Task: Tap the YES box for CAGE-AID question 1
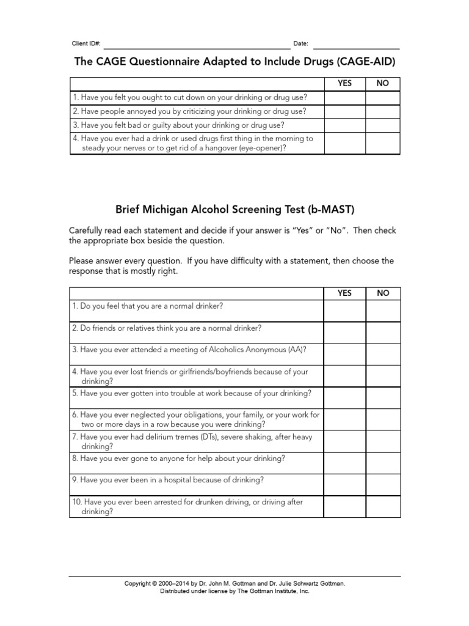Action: coord(344,98)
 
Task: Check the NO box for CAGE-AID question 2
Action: coord(383,112)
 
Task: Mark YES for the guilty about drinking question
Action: coord(344,125)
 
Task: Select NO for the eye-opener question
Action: coord(383,143)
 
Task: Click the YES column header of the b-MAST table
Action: coord(344,293)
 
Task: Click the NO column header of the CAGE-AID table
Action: coord(383,84)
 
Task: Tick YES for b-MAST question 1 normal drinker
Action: coord(344,311)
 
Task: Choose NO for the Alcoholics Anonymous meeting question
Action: coord(383,355)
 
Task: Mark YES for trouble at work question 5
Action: coord(344,398)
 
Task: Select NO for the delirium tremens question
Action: coord(383,441)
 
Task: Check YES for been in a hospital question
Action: coord(344,485)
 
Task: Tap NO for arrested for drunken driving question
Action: coord(383,507)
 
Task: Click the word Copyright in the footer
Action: coord(139,583)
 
